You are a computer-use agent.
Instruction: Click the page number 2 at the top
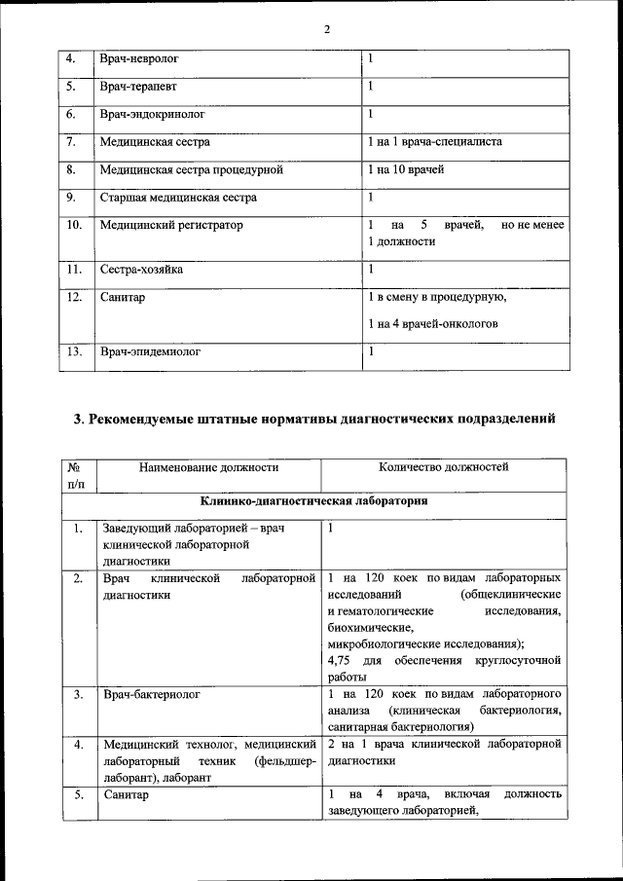[327, 29]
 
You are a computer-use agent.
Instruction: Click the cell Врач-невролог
[140, 59]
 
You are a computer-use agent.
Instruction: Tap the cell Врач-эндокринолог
[152, 114]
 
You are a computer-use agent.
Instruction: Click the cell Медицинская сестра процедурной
[191, 169]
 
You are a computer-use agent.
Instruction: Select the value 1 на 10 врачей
[406, 169]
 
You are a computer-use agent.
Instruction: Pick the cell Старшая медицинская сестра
[178, 198]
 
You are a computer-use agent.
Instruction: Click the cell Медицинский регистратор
[171, 225]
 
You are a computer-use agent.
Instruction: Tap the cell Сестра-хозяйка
[141, 269]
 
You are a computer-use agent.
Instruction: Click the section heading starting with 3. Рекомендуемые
[315, 421]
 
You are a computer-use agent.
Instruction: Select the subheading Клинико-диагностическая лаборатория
[314, 502]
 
